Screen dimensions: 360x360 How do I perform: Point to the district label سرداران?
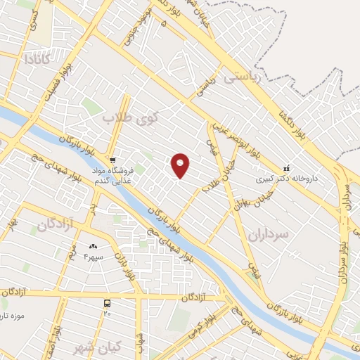tap(268, 236)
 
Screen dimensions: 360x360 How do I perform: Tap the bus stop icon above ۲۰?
tap(107, 303)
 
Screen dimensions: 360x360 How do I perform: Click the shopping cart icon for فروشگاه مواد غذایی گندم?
tap(112, 160)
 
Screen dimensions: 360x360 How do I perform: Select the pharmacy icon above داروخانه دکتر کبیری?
tap(286, 169)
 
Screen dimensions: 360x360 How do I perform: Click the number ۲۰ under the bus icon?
tap(108, 314)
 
